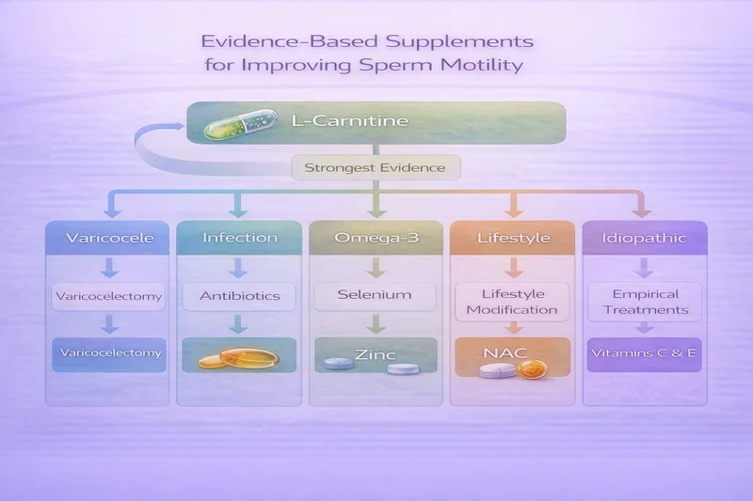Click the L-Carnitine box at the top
point(376,122)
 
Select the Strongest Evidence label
point(376,169)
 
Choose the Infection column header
point(240,238)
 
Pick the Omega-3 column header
point(376,238)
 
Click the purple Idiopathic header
point(643,238)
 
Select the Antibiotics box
point(240,295)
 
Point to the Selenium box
point(376,295)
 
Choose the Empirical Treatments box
point(643,302)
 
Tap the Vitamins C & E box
point(643,354)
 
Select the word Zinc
point(376,355)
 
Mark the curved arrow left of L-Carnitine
point(155,150)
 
